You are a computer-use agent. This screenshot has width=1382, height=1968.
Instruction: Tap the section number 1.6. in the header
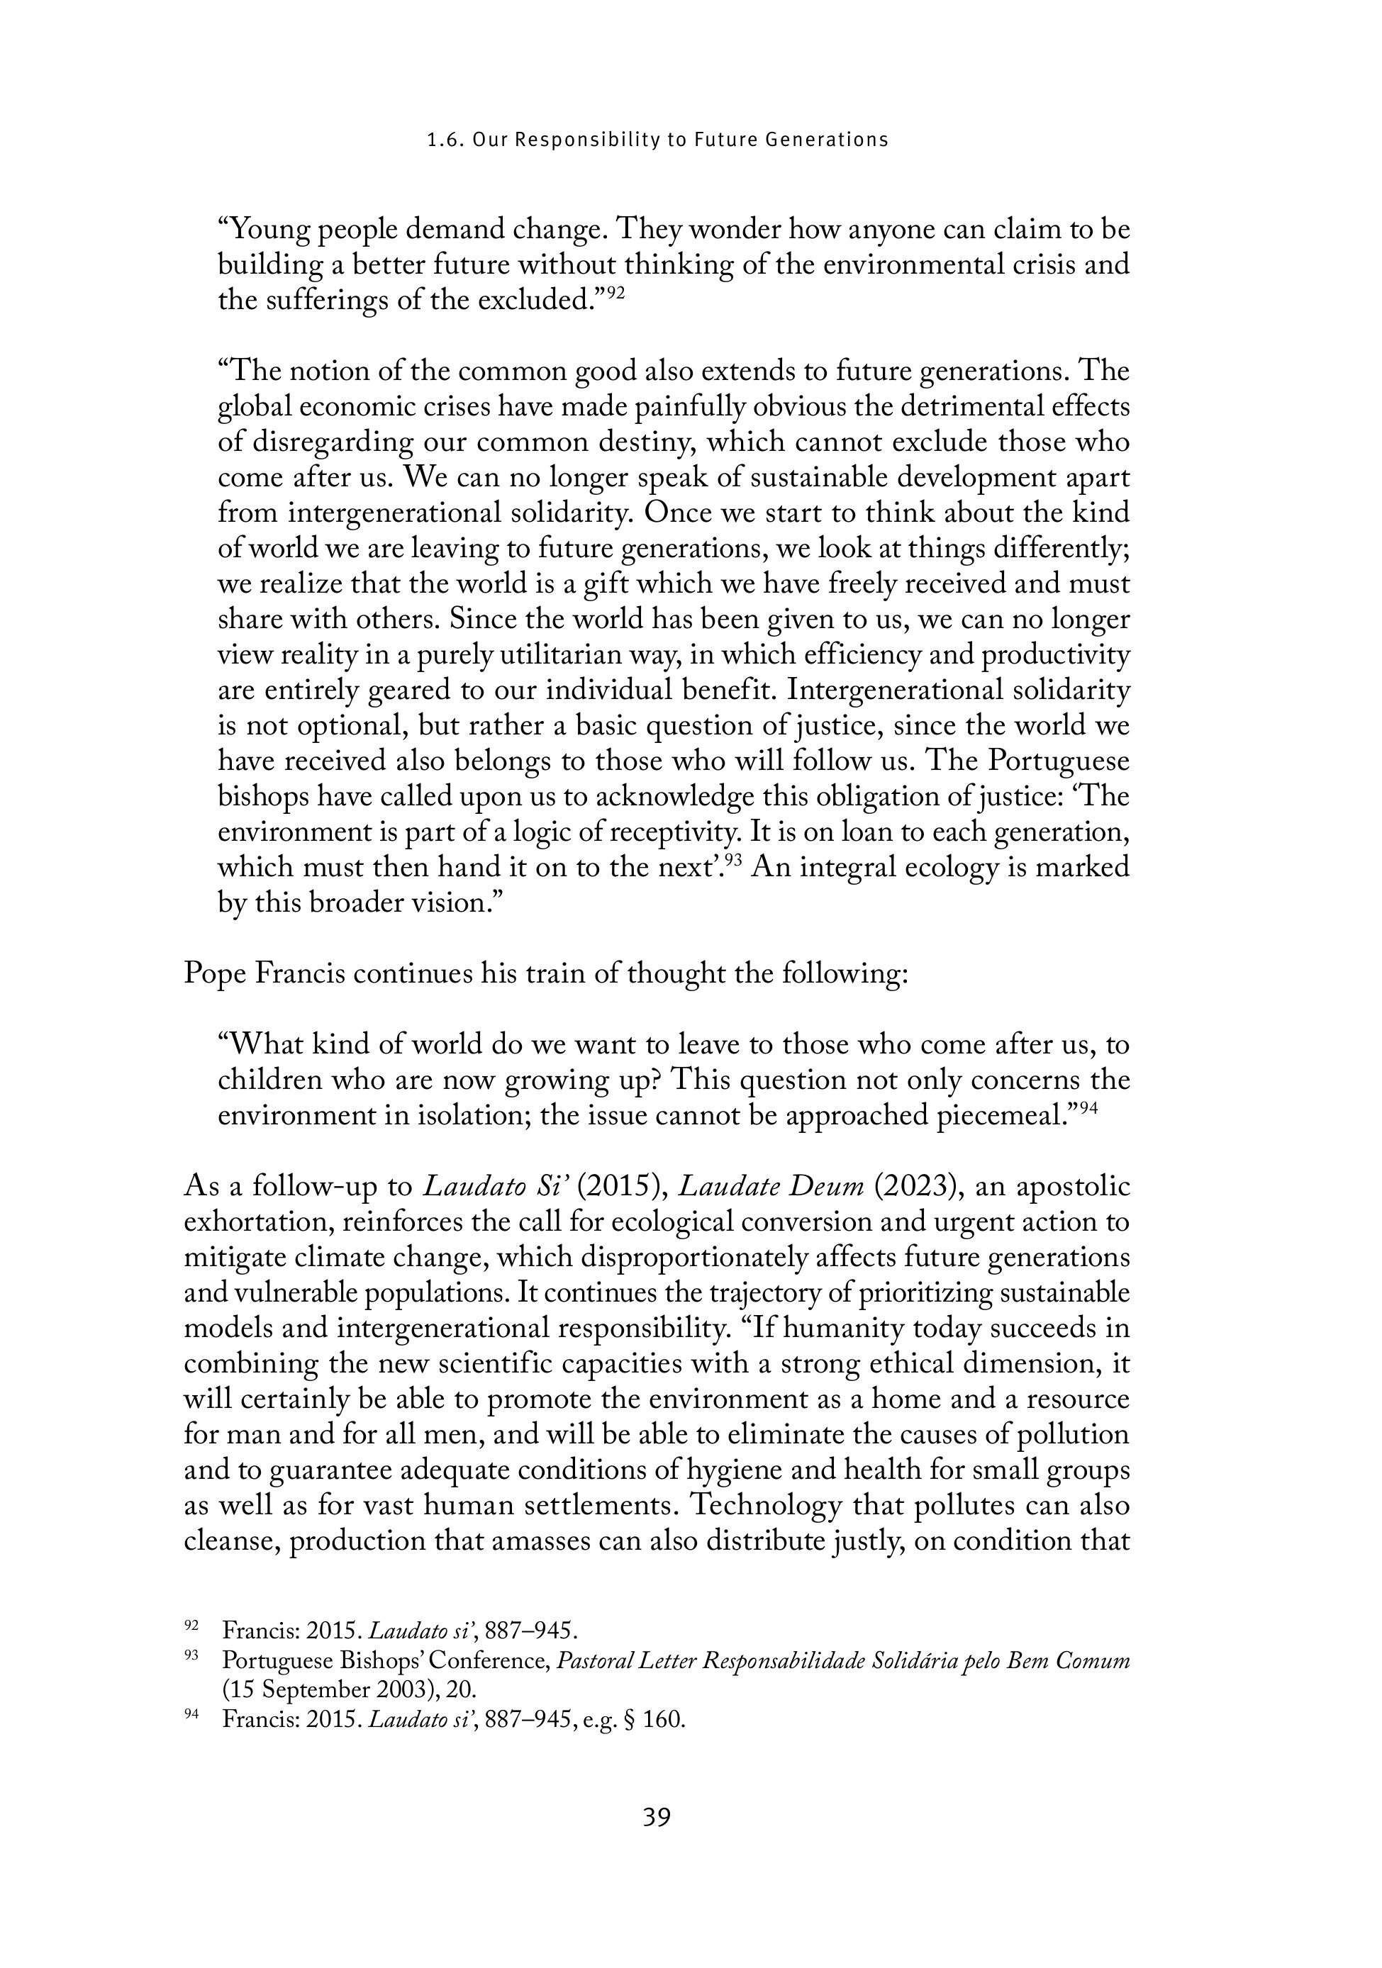click(445, 140)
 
